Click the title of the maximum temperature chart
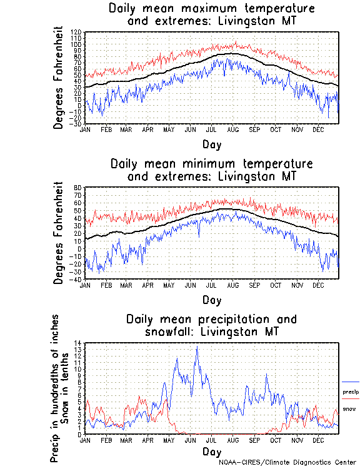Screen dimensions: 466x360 211,15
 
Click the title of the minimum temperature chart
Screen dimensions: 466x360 211,170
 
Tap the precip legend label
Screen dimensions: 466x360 351,392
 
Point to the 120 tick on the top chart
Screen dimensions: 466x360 77,32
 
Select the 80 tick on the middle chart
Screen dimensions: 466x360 78,188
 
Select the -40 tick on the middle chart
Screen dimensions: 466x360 76,279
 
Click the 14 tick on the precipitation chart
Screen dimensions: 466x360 78,343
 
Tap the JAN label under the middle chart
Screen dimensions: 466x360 86,285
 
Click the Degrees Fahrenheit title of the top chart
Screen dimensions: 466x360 59,78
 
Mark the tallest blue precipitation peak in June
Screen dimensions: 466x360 197,347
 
